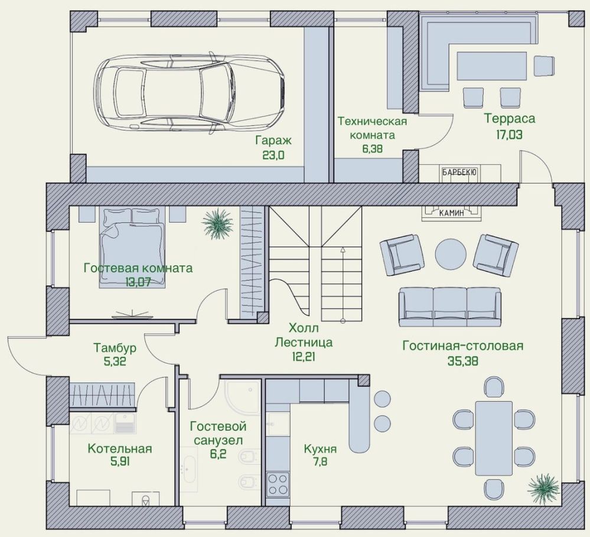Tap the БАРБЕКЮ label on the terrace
(460, 173)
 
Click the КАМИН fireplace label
(452, 213)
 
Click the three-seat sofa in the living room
(450, 307)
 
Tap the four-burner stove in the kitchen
(278, 484)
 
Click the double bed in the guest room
(132, 248)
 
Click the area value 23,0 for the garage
(273, 155)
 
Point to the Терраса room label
(510, 119)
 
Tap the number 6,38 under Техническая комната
(372, 149)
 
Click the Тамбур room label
(115, 348)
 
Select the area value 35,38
(463, 361)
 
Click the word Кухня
(320, 448)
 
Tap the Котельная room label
(120, 448)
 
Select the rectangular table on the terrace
(491, 66)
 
